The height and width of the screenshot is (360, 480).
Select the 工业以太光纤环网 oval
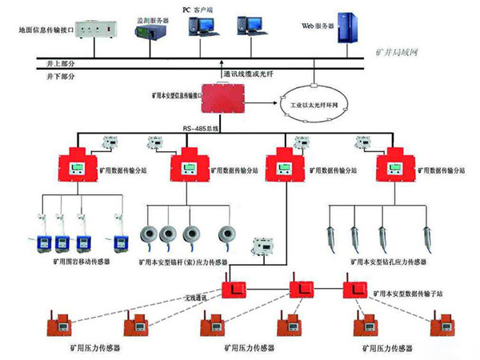318,104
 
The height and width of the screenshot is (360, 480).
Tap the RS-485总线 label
199,128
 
